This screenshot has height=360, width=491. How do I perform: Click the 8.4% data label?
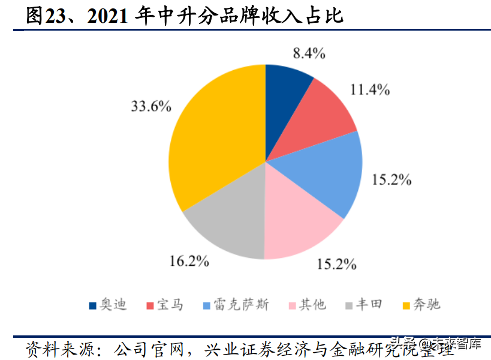pos(309,53)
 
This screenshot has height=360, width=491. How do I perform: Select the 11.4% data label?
pos(370,90)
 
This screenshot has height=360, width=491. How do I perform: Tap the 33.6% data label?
pos(151,107)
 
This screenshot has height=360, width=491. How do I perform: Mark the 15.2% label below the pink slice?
pos(336,263)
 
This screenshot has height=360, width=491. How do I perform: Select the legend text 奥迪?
pos(113,305)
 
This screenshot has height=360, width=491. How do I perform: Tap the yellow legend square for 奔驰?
pos(406,305)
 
